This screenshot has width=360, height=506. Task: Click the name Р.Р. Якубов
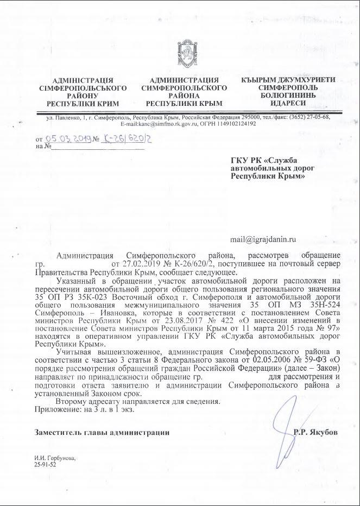(315, 432)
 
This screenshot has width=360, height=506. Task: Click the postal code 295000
(238, 117)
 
